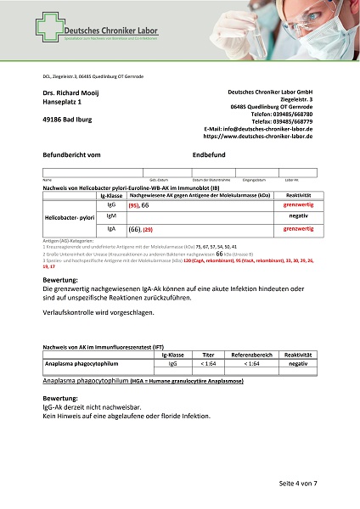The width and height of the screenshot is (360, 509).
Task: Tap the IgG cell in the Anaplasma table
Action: pos(173,362)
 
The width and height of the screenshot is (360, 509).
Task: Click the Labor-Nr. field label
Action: pos(291,180)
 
